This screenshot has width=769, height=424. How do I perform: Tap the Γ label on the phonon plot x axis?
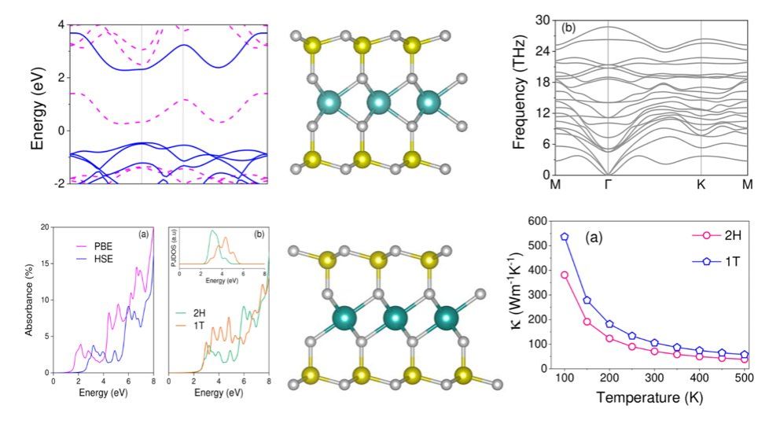pos(608,186)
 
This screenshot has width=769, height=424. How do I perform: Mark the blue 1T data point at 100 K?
pos(564,236)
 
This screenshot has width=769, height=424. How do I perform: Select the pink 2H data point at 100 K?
pos(564,275)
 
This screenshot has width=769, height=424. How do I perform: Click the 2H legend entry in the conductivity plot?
pos(724,234)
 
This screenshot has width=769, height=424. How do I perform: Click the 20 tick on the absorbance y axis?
pos(46,227)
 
